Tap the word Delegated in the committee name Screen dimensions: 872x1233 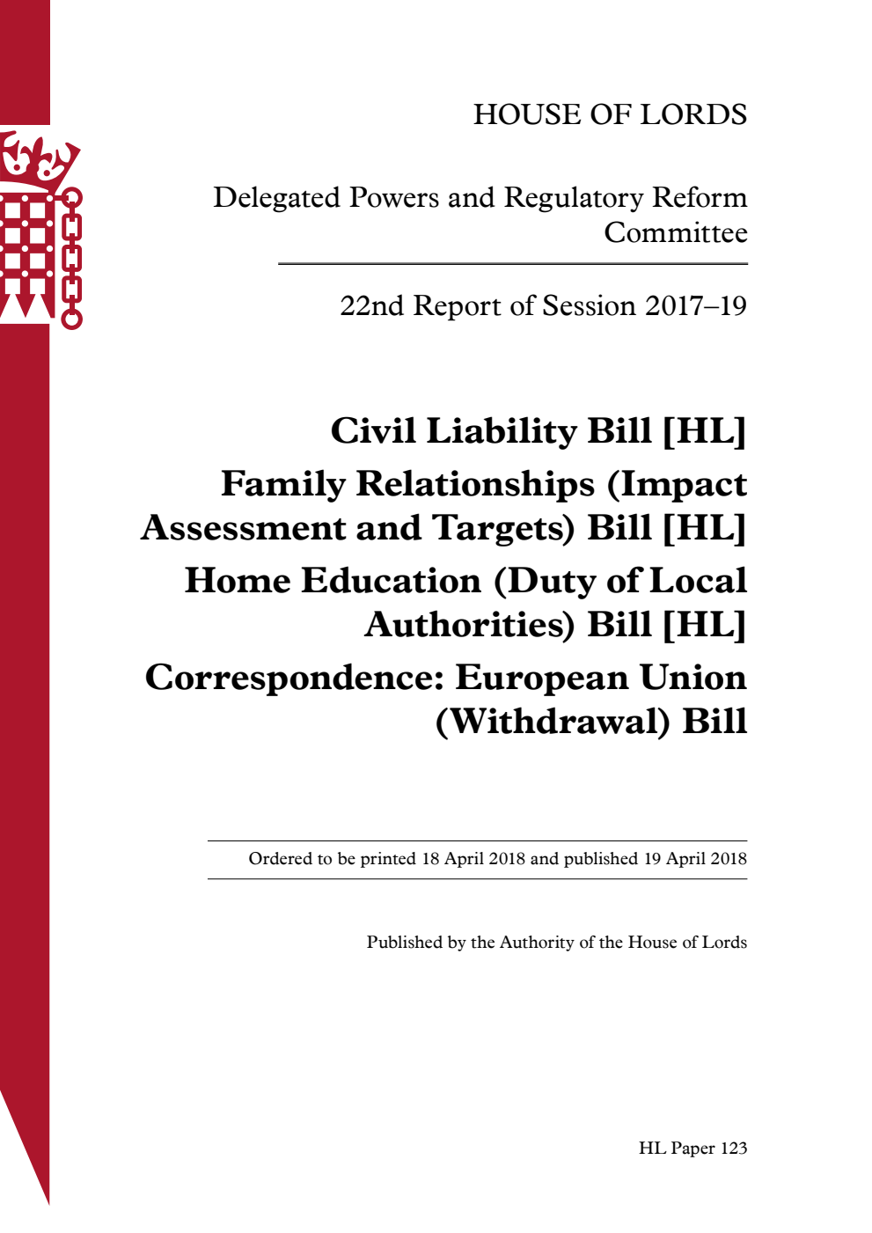pos(276,198)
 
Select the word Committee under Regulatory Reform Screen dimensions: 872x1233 pos(675,233)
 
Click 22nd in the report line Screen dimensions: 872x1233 pos(371,305)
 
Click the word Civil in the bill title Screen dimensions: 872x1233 pos(373,431)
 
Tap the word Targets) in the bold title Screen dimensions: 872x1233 pos(504,528)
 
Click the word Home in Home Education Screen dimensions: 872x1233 pos(237,581)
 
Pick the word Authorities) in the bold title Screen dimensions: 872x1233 pos(470,625)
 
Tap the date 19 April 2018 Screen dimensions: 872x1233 pos(694,859)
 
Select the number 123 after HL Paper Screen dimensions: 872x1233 pos(733,1149)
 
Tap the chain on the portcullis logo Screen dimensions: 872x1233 pos(71,260)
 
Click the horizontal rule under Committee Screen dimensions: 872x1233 pos(513,264)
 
